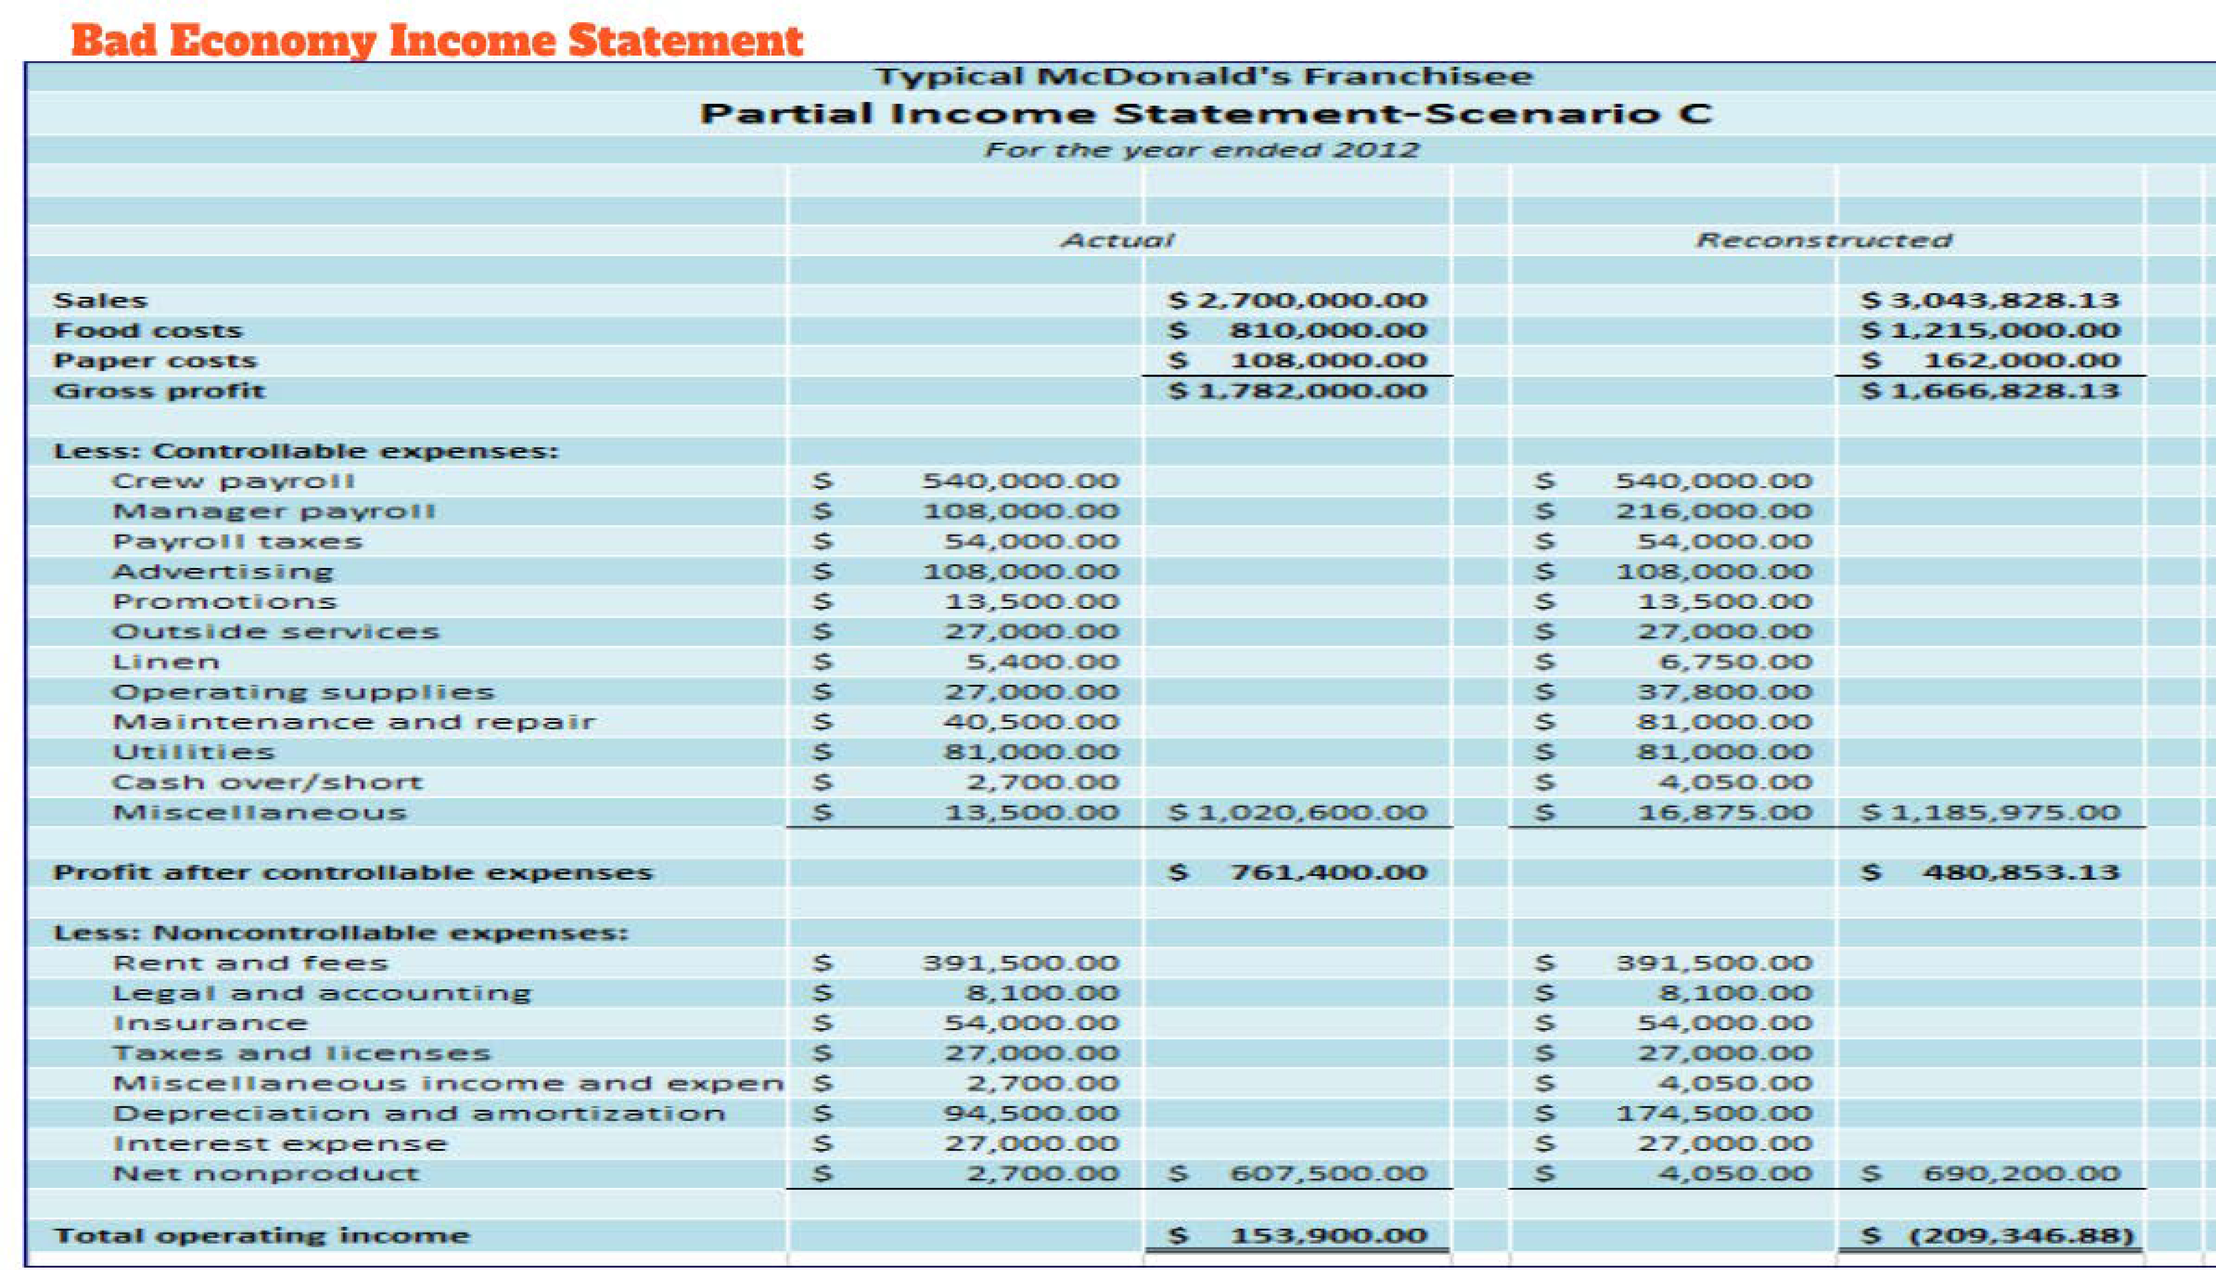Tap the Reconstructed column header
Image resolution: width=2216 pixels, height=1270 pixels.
tap(1823, 240)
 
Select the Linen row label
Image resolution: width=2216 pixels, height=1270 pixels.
tap(166, 662)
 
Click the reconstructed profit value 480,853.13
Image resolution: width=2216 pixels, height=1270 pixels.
tap(2021, 872)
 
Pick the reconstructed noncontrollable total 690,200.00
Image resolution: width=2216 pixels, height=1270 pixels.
tap(2021, 1174)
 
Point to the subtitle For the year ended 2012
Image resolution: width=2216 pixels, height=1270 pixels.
tap(1202, 150)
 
